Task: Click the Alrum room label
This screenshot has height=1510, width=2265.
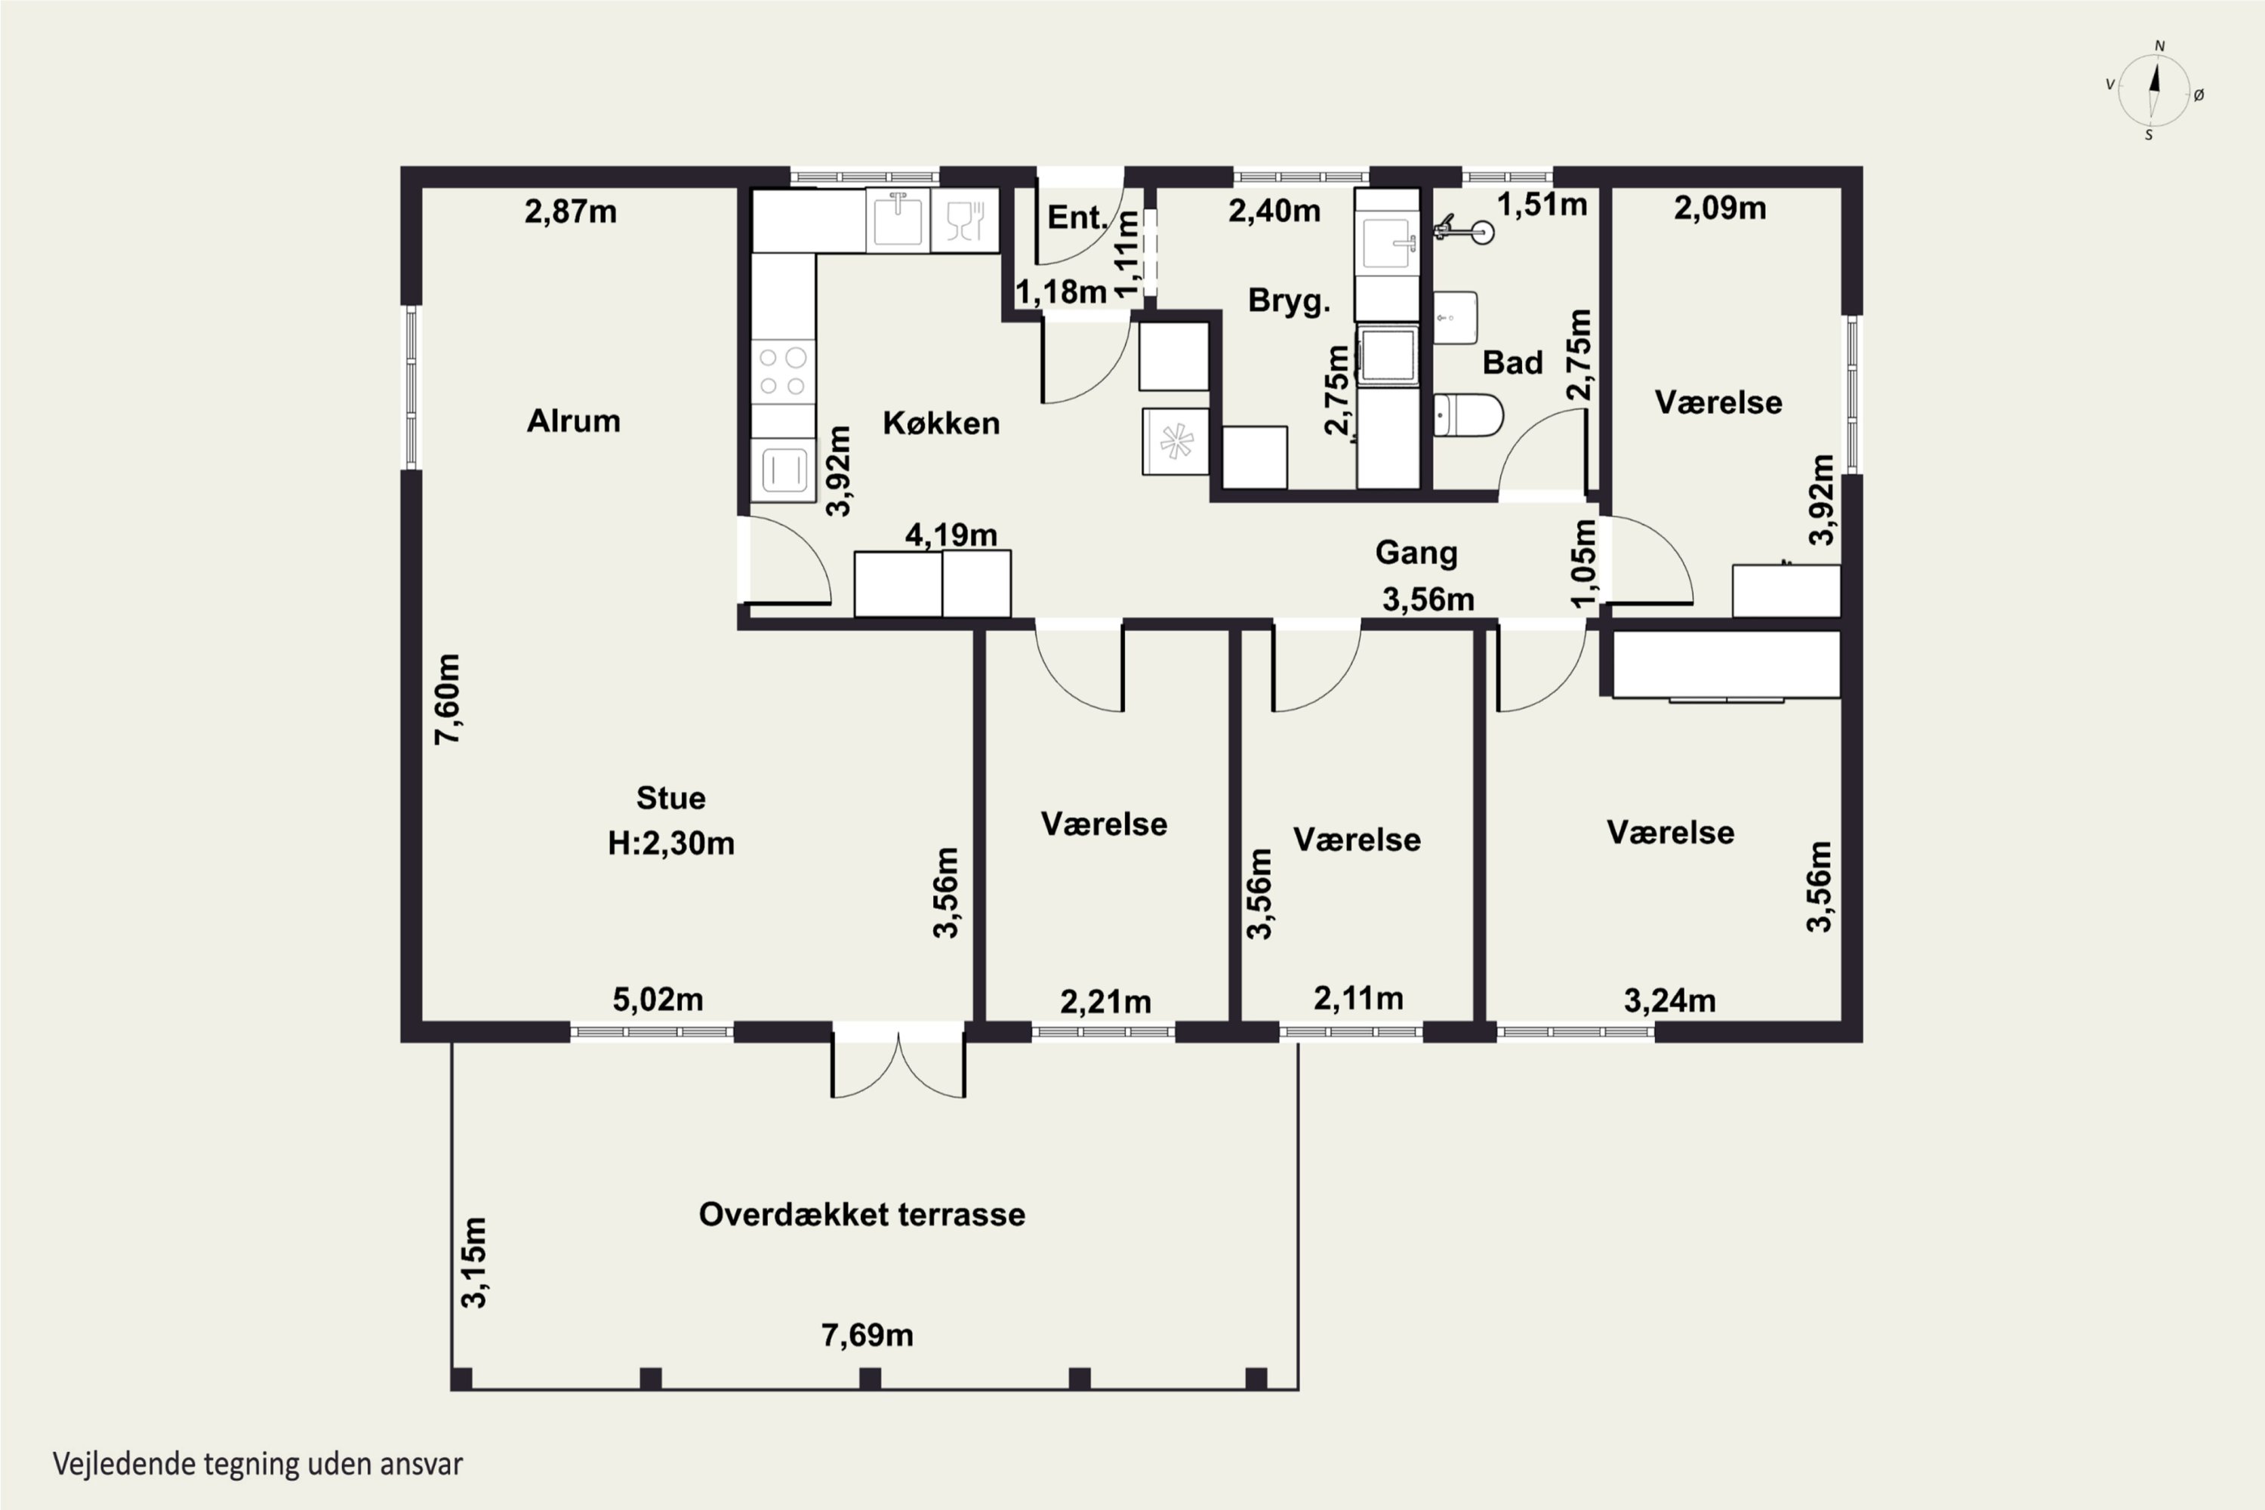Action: (x=573, y=421)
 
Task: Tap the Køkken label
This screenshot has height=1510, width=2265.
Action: (x=941, y=423)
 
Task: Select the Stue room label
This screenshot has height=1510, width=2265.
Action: (x=670, y=797)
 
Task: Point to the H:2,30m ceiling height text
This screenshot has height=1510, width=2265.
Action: (x=670, y=843)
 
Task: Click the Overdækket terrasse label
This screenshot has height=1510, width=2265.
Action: (x=862, y=1214)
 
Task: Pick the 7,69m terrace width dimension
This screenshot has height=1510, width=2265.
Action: (x=867, y=1335)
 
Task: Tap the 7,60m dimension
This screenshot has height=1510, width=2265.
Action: (x=448, y=699)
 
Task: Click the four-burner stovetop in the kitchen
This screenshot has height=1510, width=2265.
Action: (x=783, y=371)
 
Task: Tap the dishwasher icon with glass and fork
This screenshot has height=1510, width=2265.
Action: (x=965, y=220)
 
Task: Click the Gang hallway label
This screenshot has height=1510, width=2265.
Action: (x=1416, y=553)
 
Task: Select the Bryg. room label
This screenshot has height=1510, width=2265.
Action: (x=1289, y=300)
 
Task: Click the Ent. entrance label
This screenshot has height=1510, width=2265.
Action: (x=1077, y=217)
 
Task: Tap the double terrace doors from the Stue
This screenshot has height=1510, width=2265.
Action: (x=898, y=1063)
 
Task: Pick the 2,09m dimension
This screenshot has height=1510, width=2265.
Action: (x=1720, y=208)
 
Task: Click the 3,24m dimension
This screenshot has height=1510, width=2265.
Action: (x=1670, y=1000)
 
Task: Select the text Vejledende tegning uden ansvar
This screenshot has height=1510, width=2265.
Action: (x=258, y=1464)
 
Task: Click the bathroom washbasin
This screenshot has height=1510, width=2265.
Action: (x=1455, y=318)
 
